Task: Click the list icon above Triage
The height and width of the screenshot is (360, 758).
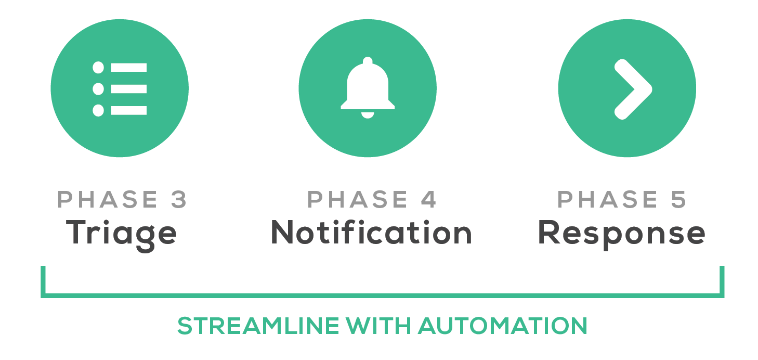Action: click(x=120, y=88)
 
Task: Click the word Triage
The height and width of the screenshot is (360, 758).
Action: click(x=121, y=234)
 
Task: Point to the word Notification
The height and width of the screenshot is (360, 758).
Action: click(x=371, y=233)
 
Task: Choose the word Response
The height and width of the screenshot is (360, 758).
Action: click(x=621, y=234)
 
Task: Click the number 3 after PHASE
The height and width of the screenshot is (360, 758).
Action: click(x=178, y=200)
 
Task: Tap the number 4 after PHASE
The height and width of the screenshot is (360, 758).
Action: click(x=428, y=200)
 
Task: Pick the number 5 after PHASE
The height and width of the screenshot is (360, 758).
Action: click(x=678, y=200)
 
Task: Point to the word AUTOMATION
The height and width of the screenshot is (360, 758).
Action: click(x=503, y=326)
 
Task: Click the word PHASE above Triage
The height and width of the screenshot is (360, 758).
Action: click(x=107, y=200)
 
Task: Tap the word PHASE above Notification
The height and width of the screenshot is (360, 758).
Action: click(x=358, y=200)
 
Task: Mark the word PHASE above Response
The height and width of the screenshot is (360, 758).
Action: click(x=608, y=200)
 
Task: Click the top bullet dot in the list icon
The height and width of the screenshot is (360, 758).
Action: click(x=98, y=68)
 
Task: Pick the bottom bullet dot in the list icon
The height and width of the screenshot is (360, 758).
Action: click(x=98, y=110)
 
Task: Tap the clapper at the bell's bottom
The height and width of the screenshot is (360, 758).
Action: click(x=368, y=115)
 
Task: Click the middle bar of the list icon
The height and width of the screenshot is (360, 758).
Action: click(x=129, y=89)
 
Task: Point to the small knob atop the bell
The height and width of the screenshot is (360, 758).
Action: click(x=368, y=61)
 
